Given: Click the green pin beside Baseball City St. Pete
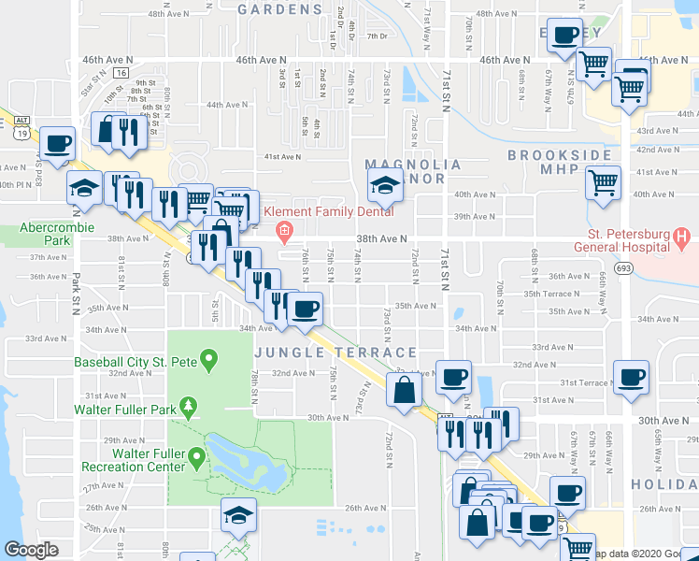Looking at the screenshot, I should coord(208,358).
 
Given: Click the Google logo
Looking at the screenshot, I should coord(31,550).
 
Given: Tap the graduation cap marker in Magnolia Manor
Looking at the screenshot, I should coord(383,185).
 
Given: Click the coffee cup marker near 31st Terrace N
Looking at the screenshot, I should coord(630,377).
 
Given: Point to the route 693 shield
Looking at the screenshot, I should coord(622,267).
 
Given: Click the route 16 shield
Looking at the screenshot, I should coord(120,71).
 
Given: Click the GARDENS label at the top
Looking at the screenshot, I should coord(279,9).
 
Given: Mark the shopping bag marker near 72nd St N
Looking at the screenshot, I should coord(404,391).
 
